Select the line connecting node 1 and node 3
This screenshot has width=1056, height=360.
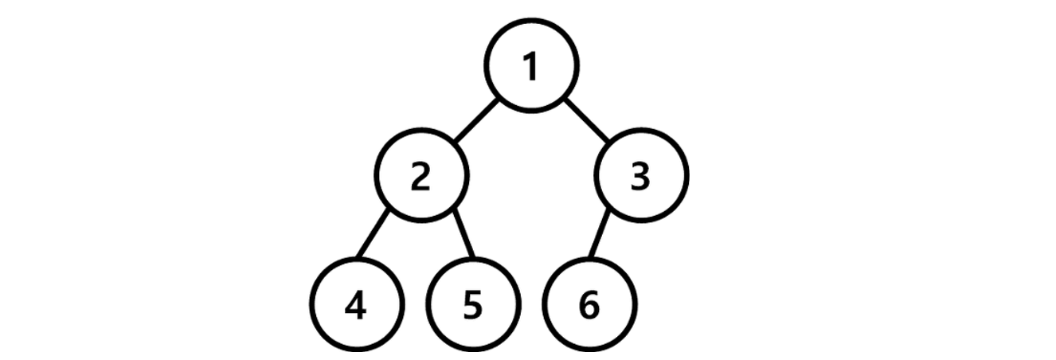point(587,122)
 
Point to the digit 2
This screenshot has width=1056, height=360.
point(421,178)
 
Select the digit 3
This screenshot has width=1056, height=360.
point(642,178)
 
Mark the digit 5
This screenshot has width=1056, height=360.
point(473,307)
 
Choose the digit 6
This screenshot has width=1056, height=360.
point(589,307)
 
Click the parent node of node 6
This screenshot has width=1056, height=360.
point(642,178)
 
